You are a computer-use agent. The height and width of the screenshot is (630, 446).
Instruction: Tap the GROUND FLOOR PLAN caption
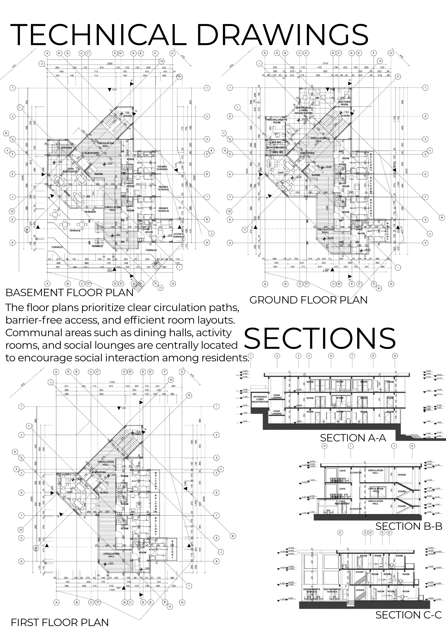(308, 300)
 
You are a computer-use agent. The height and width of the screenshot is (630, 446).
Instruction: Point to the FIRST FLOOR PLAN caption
(60, 622)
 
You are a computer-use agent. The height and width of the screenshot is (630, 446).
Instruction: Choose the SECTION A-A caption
(353, 438)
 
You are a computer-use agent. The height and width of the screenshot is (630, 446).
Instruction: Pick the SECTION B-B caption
(409, 526)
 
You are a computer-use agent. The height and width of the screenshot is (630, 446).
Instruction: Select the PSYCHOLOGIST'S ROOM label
(276, 121)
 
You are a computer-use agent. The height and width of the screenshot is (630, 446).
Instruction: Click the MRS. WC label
(278, 152)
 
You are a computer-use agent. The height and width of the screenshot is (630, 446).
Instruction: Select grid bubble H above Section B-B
(325, 446)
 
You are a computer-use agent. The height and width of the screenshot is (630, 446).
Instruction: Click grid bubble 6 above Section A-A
(331, 356)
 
